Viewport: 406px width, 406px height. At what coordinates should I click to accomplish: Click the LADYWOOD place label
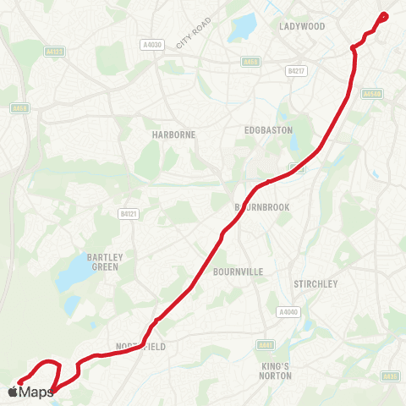pyautogui.click(x=302, y=26)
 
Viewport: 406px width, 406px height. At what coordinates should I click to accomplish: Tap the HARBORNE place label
pyautogui.click(x=150, y=134)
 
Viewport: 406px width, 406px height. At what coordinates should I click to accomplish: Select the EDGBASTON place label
pyautogui.click(x=267, y=130)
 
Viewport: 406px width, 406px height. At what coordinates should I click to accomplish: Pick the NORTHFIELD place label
pyautogui.click(x=141, y=347)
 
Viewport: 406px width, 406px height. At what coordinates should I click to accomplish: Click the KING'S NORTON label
pyautogui.click(x=275, y=370)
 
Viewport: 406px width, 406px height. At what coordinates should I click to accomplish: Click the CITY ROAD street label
pyautogui.click(x=191, y=36)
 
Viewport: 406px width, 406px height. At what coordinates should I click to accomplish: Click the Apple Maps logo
pyautogui.click(x=30, y=392)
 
